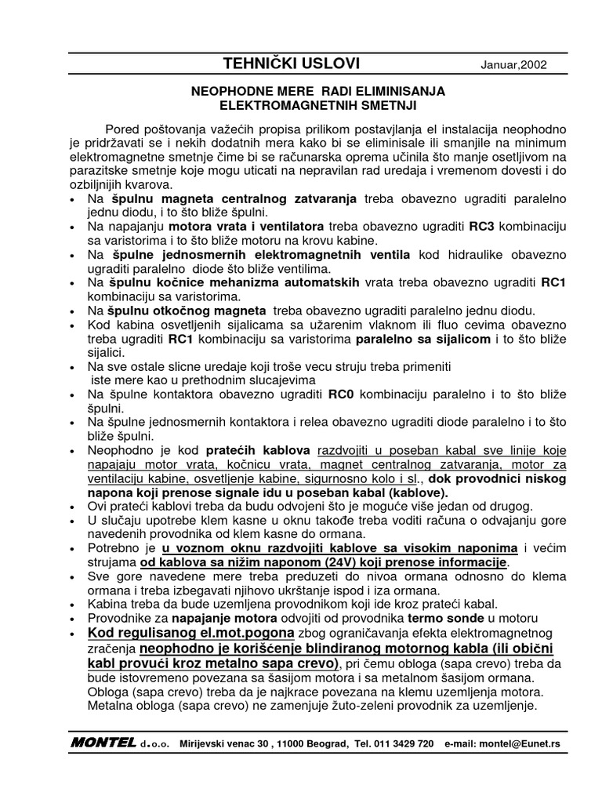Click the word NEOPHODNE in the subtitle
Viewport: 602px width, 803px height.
(x=227, y=92)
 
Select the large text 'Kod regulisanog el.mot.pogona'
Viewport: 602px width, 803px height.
(x=188, y=632)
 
